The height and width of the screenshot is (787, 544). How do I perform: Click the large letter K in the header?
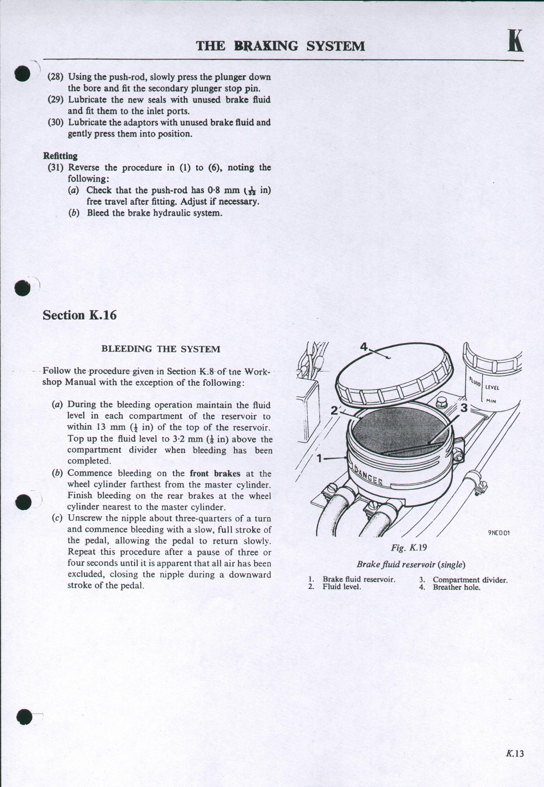pyautogui.click(x=515, y=41)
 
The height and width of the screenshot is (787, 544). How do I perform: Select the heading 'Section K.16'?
pyautogui.click(x=79, y=315)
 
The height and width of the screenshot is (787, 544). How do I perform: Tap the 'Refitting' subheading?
pyautogui.click(x=60, y=156)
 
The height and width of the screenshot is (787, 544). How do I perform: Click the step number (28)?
pyautogui.click(x=55, y=77)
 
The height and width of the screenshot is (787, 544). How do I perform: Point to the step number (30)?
pyautogui.click(x=55, y=122)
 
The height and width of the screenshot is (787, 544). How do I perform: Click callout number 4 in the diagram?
pyautogui.click(x=364, y=347)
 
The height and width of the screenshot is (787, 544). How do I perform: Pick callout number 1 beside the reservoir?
pyautogui.click(x=319, y=458)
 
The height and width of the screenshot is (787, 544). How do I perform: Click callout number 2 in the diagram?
pyautogui.click(x=334, y=410)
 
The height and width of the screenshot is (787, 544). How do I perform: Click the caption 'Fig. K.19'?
pyautogui.click(x=409, y=548)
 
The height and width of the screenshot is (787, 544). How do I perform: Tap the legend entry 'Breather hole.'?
pyautogui.click(x=457, y=587)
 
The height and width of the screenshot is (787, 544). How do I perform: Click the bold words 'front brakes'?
pyautogui.click(x=215, y=473)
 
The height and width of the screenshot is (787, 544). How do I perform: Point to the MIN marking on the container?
pyautogui.click(x=491, y=401)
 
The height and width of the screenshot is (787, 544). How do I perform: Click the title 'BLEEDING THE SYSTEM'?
pyautogui.click(x=161, y=349)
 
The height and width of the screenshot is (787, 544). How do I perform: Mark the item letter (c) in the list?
pyautogui.click(x=57, y=518)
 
